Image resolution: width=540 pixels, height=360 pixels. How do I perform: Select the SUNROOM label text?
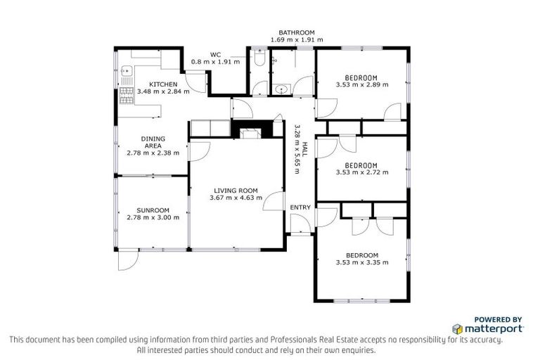click(x=153, y=210)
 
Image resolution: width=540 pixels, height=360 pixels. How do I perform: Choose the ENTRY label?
click(x=300, y=207)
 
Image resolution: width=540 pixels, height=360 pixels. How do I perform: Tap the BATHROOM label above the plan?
click(x=296, y=32)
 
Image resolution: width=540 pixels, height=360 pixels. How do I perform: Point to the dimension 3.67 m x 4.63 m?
click(x=236, y=198)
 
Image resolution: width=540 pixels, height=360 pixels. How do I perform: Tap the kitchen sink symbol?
click(x=127, y=71)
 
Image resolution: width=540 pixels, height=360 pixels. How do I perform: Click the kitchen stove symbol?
click(x=127, y=94)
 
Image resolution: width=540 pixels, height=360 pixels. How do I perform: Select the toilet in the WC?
click(x=259, y=62)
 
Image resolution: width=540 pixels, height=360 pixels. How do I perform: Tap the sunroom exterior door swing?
click(x=127, y=260)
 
